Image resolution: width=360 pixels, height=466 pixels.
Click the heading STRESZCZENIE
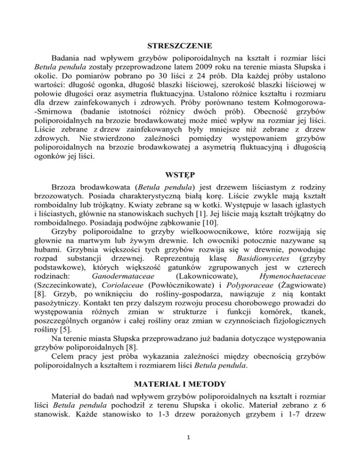click(x=180, y=46)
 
